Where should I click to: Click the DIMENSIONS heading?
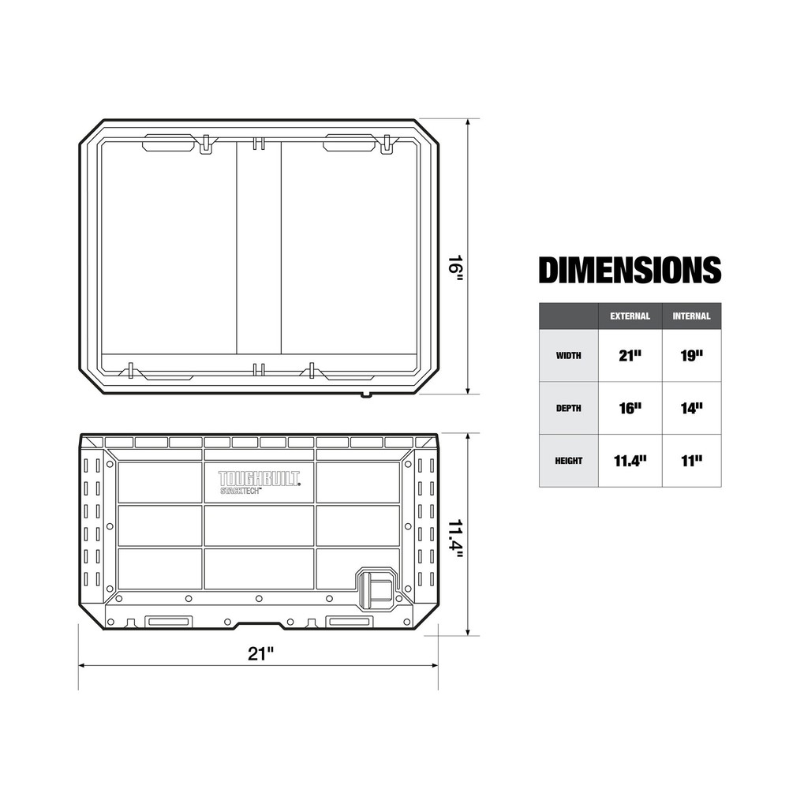tap(629, 270)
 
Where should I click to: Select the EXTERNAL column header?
tap(630, 316)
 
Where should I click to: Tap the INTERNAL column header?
tap(691, 316)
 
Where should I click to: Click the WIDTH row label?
tap(568, 356)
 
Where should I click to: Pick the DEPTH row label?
tap(568, 409)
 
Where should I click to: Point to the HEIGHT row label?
tap(568, 461)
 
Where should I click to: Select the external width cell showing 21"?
tap(630, 356)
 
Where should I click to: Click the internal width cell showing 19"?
tap(691, 356)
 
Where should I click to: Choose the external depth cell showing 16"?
tap(630, 409)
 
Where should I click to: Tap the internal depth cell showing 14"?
tap(691, 409)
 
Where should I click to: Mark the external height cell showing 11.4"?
tap(630, 461)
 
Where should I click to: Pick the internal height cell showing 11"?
tap(691, 461)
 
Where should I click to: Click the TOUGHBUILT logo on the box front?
tap(259, 478)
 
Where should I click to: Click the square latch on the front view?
tap(376, 588)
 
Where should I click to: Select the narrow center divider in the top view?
tap(259, 249)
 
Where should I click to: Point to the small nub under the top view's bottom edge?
tap(365, 394)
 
